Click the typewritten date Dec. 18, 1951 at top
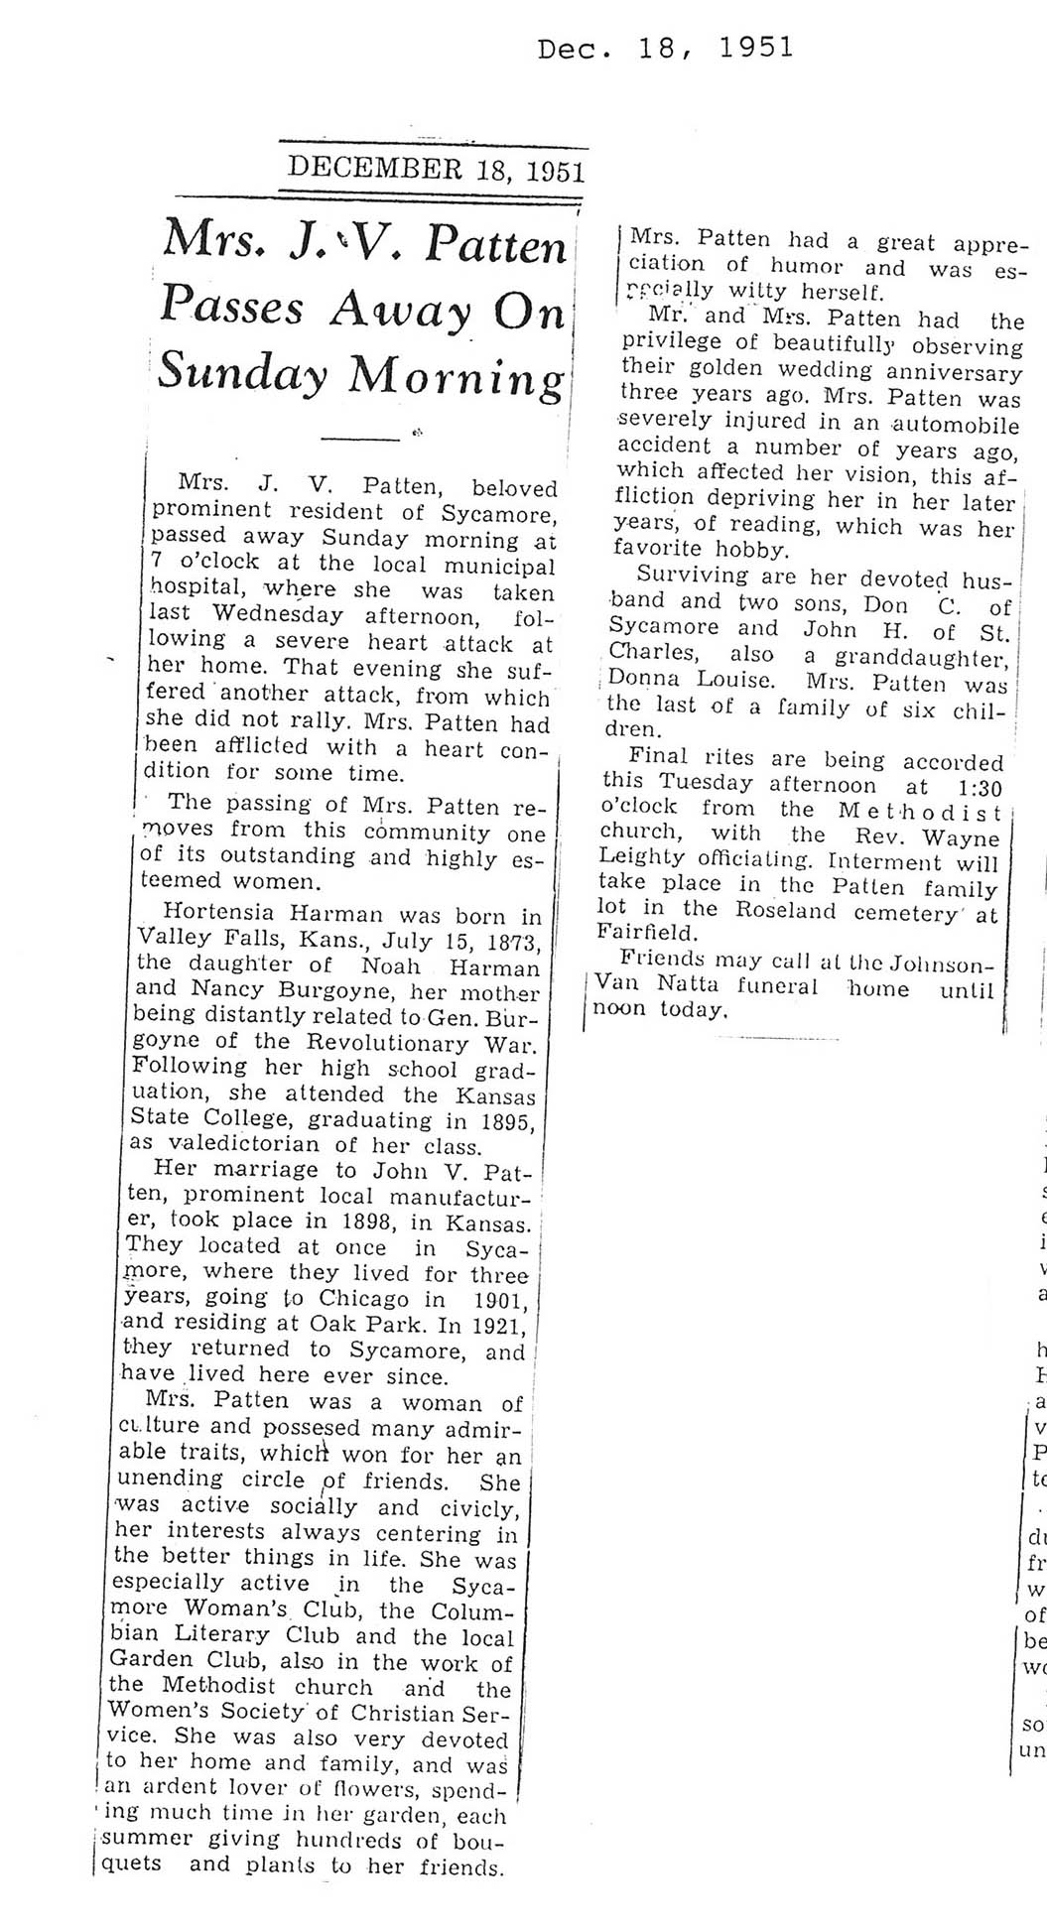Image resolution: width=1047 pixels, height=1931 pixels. tap(665, 48)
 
